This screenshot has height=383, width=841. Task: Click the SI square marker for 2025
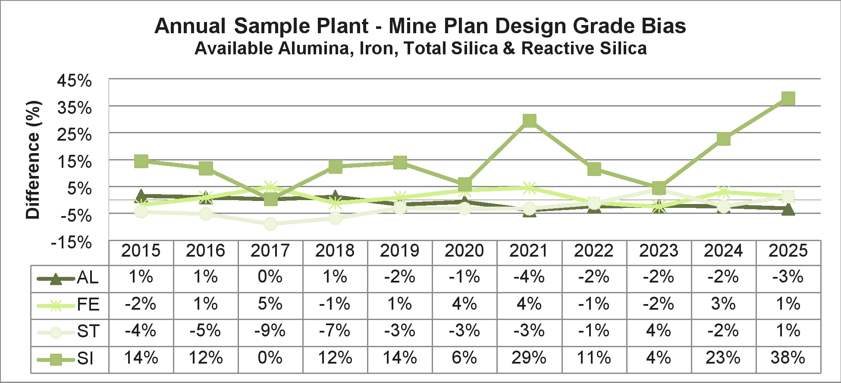pyautogui.click(x=788, y=98)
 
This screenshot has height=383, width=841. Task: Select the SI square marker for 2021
pyautogui.click(x=529, y=120)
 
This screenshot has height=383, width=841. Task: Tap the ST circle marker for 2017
pyautogui.click(x=270, y=223)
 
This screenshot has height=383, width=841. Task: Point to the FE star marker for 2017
pyautogui.click(x=270, y=187)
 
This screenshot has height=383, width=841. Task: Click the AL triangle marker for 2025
pyautogui.click(x=788, y=210)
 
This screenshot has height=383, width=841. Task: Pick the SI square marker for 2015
pyautogui.click(x=141, y=161)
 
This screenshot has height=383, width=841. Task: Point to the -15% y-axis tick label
pyautogui.click(x=72, y=242)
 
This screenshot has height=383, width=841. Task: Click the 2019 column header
pyautogui.click(x=400, y=251)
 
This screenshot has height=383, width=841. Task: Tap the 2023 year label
pyautogui.click(x=659, y=251)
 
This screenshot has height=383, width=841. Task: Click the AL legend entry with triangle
pyautogui.click(x=69, y=278)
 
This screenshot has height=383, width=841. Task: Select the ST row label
pyautogui.click(x=88, y=332)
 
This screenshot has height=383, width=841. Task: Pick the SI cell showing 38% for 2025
pyautogui.click(x=788, y=358)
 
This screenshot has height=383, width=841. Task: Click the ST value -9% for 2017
pyautogui.click(x=270, y=331)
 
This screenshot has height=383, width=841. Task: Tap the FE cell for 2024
pyautogui.click(x=723, y=304)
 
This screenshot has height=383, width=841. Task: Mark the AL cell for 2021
pyautogui.click(x=529, y=277)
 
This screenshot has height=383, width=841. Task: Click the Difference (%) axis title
pyautogui.click(x=33, y=160)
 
